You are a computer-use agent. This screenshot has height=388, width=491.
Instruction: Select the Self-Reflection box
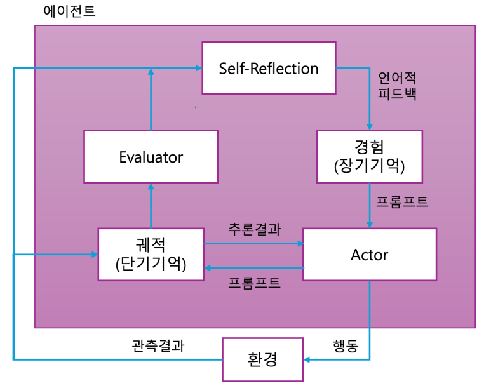pyautogui.click(x=269, y=69)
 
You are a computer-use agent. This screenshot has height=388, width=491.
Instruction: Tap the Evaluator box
pyautogui.click(x=151, y=157)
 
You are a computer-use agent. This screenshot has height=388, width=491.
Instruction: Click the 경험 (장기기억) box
pyautogui.click(x=369, y=157)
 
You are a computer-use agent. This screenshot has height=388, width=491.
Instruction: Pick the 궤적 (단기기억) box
pyautogui.click(x=151, y=255)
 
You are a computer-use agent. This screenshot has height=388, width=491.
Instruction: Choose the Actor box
pyautogui.click(x=369, y=255)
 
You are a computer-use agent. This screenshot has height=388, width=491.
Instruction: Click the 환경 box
pyautogui.click(x=262, y=359)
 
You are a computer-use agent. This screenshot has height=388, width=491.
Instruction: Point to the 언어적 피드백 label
pyautogui.click(x=397, y=86)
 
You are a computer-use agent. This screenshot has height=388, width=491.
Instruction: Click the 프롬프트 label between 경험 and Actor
pyautogui.click(x=402, y=203)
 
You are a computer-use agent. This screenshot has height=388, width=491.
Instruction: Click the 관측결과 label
pyautogui.click(x=158, y=346)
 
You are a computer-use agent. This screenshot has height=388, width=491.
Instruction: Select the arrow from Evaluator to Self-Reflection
pyautogui.click(x=151, y=102)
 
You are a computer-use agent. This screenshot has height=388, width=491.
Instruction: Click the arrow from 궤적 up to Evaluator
pyautogui.click(x=151, y=206)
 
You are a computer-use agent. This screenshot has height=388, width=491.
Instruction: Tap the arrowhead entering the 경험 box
pyautogui.click(x=370, y=126)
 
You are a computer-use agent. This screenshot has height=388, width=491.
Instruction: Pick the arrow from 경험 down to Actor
pyautogui.click(x=370, y=204)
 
